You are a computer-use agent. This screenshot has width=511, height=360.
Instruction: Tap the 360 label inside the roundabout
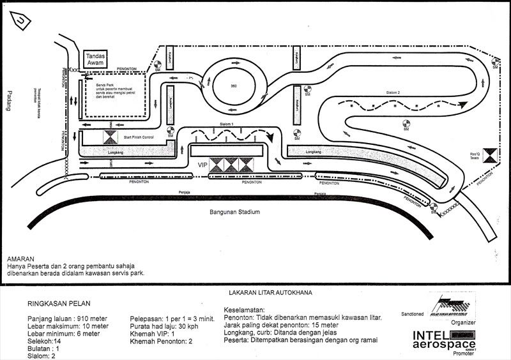point(233,86)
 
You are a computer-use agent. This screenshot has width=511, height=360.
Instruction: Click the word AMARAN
point(22,259)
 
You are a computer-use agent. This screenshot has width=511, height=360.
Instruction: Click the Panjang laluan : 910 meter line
point(67,318)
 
